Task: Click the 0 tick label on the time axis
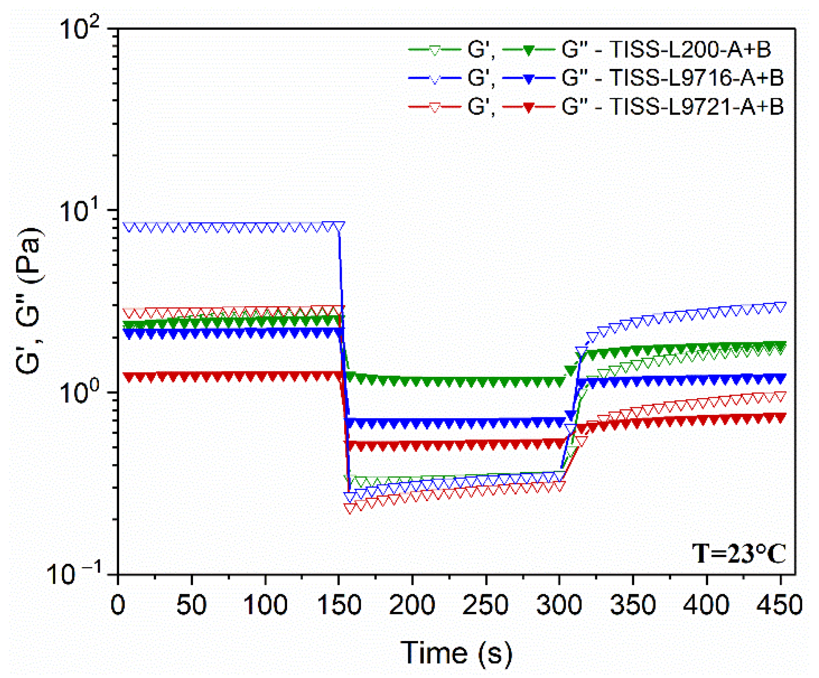(118, 605)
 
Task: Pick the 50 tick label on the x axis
(191, 605)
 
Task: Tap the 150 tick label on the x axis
(338, 605)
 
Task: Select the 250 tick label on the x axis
(485, 605)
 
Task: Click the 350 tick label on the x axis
(633, 605)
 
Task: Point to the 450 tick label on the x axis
(780, 605)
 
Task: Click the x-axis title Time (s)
(456, 653)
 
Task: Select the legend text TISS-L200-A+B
(690, 49)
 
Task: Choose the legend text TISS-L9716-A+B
(696, 78)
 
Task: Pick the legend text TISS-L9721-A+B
(696, 106)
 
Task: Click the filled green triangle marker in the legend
(529, 50)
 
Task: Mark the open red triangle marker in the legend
(435, 108)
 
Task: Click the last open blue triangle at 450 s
(780, 307)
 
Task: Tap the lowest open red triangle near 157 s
(350, 508)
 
